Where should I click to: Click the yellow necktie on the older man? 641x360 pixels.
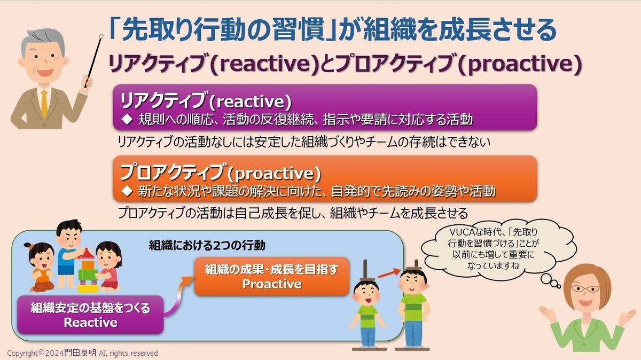coord(44,104)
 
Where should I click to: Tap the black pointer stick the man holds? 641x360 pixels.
coord(93,61)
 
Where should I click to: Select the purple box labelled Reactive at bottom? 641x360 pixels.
coord(90,315)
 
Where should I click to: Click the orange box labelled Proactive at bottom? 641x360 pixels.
coord(272,277)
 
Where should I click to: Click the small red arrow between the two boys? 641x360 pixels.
coord(389,273)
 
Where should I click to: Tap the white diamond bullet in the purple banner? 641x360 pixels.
coord(127,119)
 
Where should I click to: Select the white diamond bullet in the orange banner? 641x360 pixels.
coord(127,191)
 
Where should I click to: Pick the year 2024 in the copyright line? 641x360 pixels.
coord(54,353)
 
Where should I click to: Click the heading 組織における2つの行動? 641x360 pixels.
coord(207,245)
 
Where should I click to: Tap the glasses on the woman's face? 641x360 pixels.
coord(585,289)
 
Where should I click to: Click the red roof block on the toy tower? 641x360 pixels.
coord(86,254)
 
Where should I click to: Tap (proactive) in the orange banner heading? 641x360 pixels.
coord(274,173)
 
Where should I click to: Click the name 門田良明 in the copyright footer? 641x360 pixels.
coord(80,353)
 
